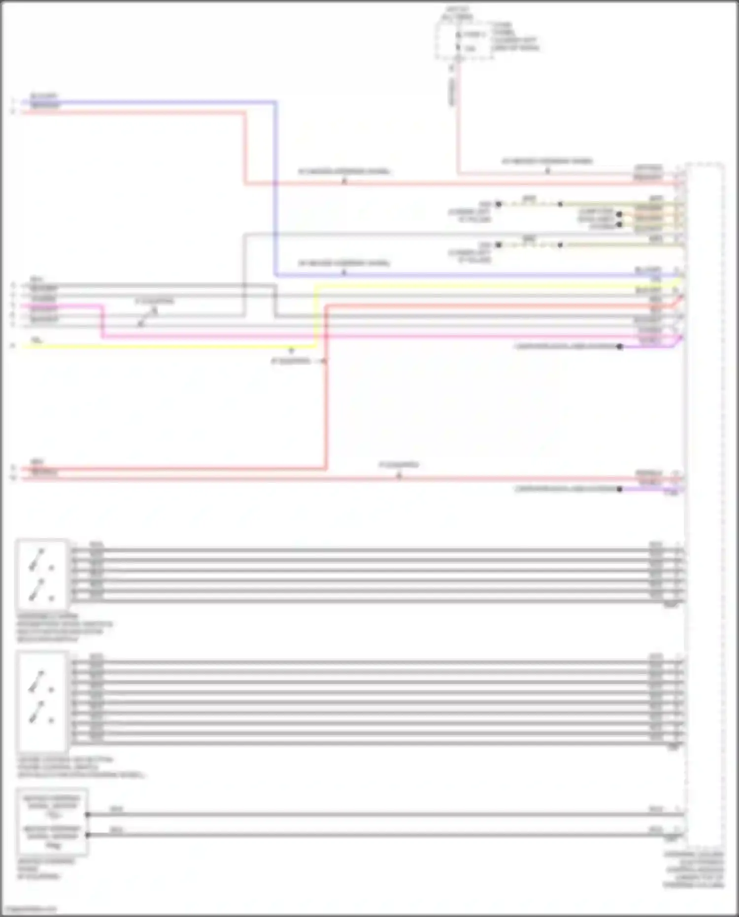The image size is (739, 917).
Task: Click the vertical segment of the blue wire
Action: pos(275,187)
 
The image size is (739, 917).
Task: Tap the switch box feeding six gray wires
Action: pos(42,575)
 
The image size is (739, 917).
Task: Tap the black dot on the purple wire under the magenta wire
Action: pos(620,346)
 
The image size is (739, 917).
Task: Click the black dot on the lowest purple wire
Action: pos(619,489)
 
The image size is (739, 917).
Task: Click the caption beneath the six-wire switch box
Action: pos(64,628)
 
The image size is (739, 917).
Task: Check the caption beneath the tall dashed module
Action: pos(694,870)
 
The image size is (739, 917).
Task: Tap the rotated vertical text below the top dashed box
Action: pos(452,92)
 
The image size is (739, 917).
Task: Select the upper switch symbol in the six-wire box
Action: pos(37,559)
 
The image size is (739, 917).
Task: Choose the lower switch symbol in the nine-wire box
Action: pos(37,713)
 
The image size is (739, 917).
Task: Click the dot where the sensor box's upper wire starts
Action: pos(88,815)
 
